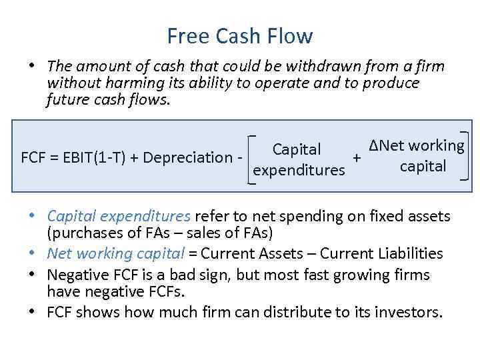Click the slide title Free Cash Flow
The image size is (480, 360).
(240, 35)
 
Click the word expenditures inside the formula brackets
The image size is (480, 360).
(299, 170)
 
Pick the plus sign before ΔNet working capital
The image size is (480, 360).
(357, 158)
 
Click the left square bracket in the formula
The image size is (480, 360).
(250, 158)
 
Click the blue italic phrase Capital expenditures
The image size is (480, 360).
(119, 217)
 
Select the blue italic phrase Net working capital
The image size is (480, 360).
(116, 253)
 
